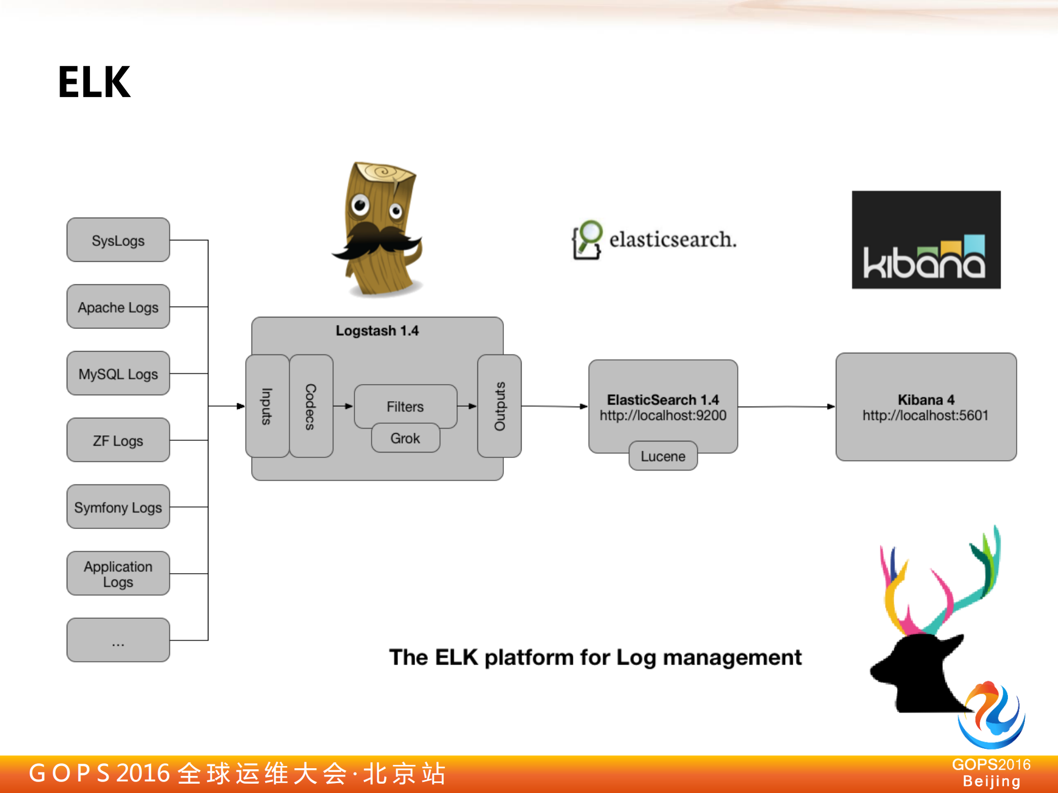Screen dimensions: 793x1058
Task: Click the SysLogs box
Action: pyautogui.click(x=118, y=240)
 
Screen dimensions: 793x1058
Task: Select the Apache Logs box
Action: pyautogui.click(x=118, y=307)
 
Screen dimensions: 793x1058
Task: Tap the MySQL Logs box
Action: pyautogui.click(x=118, y=374)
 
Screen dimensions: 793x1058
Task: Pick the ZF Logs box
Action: pyautogui.click(x=118, y=440)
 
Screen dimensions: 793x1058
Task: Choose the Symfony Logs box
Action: pyautogui.click(x=118, y=507)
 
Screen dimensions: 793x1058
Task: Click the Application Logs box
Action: pyautogui.click(x=118, y=574)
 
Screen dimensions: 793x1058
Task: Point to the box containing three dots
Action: pyautogui.click(x=118, y=640)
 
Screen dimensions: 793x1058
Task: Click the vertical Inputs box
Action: pyautogui.click(x=267, y=406)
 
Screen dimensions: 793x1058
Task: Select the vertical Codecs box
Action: pyautogui.click(x=310, y=406)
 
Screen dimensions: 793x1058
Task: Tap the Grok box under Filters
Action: pyautogui.click(x=405, y=438)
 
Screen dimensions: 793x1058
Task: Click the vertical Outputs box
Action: pyautogui.click(x=499, y=406)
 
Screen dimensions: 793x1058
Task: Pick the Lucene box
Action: pyautogui.click(x=663, y=456)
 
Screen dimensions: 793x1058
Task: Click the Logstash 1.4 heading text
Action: pyautogui.click(x=377, y=331)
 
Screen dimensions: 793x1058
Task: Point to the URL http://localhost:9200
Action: pyautogui.click(x=663, y=416)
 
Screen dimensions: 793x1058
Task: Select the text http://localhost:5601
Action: pyautogui.click(x=925, y=416)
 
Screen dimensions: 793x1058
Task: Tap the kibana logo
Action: pyautogui.click(x=925, y=240)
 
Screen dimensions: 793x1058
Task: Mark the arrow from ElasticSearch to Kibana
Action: pyautogui.click(x=786, y=407)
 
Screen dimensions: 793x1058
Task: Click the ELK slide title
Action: pyautogui.click(x=94, y=82)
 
